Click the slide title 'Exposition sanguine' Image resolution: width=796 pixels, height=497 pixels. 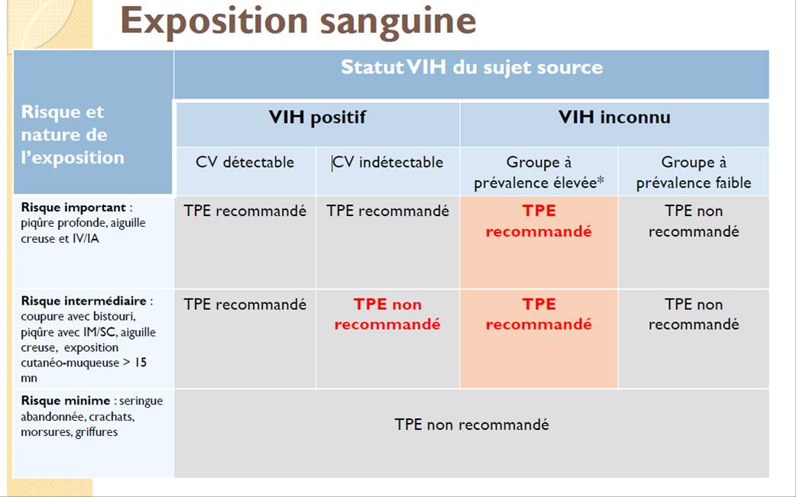(298, 21)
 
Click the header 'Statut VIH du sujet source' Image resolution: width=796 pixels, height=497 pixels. (471, 67)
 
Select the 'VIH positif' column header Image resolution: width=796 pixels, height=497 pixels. (317, 117)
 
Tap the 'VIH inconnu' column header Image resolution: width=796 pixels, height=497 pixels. (614, 117)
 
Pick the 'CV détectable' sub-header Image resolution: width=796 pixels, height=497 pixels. (244, 163)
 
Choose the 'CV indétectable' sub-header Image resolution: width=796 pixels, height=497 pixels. (388, 163)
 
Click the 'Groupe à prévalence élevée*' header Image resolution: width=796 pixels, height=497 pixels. (539, 172)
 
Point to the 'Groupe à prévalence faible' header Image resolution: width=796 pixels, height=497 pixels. (694, 172)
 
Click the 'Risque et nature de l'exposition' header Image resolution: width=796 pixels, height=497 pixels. (72, 134)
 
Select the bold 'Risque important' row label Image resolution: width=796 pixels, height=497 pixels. (73, 208)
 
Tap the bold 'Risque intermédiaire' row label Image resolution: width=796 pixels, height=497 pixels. (84, 301)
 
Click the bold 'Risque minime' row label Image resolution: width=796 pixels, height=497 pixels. (66, 401)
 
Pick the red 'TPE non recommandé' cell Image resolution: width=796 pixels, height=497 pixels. (387, 314)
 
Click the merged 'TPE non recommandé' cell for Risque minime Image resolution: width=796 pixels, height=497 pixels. (471, 424)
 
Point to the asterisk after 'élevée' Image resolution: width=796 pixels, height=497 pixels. (600, 180)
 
